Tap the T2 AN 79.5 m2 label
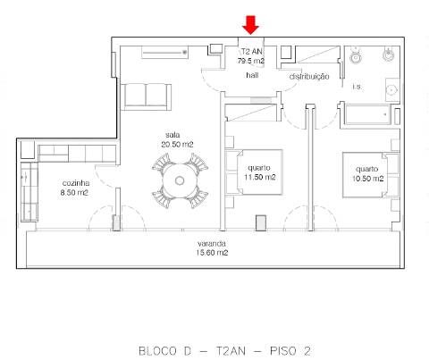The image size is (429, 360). (251, 57)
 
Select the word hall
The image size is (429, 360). (252, 76)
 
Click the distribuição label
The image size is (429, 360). (308, 77)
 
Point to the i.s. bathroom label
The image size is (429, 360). (357, 87)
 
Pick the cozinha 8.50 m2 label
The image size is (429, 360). (74, 186)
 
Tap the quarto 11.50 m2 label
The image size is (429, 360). (261, 172)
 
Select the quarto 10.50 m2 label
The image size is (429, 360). (366, 172)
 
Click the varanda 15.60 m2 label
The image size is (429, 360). (212, 247)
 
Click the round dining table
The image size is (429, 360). (180, 180)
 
